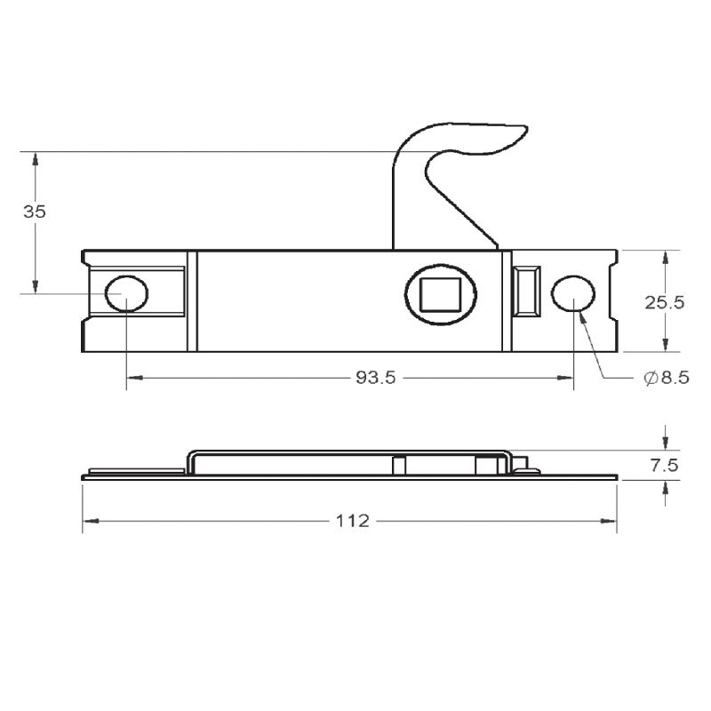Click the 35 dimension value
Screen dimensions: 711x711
click(x=35, y=212)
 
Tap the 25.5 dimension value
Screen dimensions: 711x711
click(x=664, y=302)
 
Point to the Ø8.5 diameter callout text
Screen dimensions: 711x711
click(x=666, y=379)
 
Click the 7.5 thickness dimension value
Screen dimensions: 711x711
click(x=665, y=465)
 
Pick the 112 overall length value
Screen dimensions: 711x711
click(x=352, y=521)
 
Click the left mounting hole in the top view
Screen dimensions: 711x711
click(x=126, y=293)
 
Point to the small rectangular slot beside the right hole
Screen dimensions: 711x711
click(x=527, y=291)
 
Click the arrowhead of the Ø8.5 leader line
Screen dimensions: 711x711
click(x=580, y=316)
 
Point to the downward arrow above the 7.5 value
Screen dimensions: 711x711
click(x=664, y=444)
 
